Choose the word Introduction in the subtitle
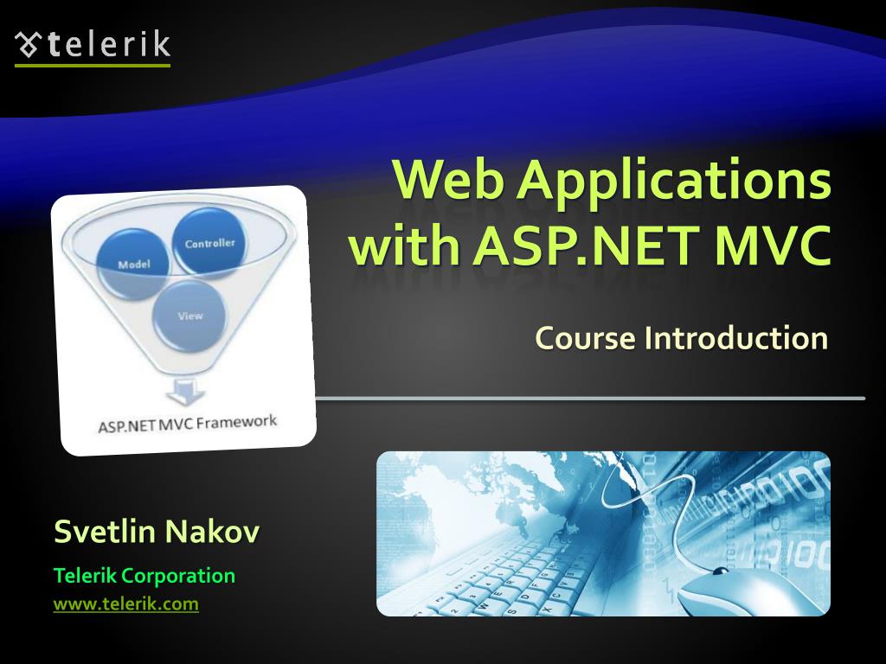735,337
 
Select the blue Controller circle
209,243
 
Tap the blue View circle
189,316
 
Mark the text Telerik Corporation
144,575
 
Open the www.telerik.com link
126,604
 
